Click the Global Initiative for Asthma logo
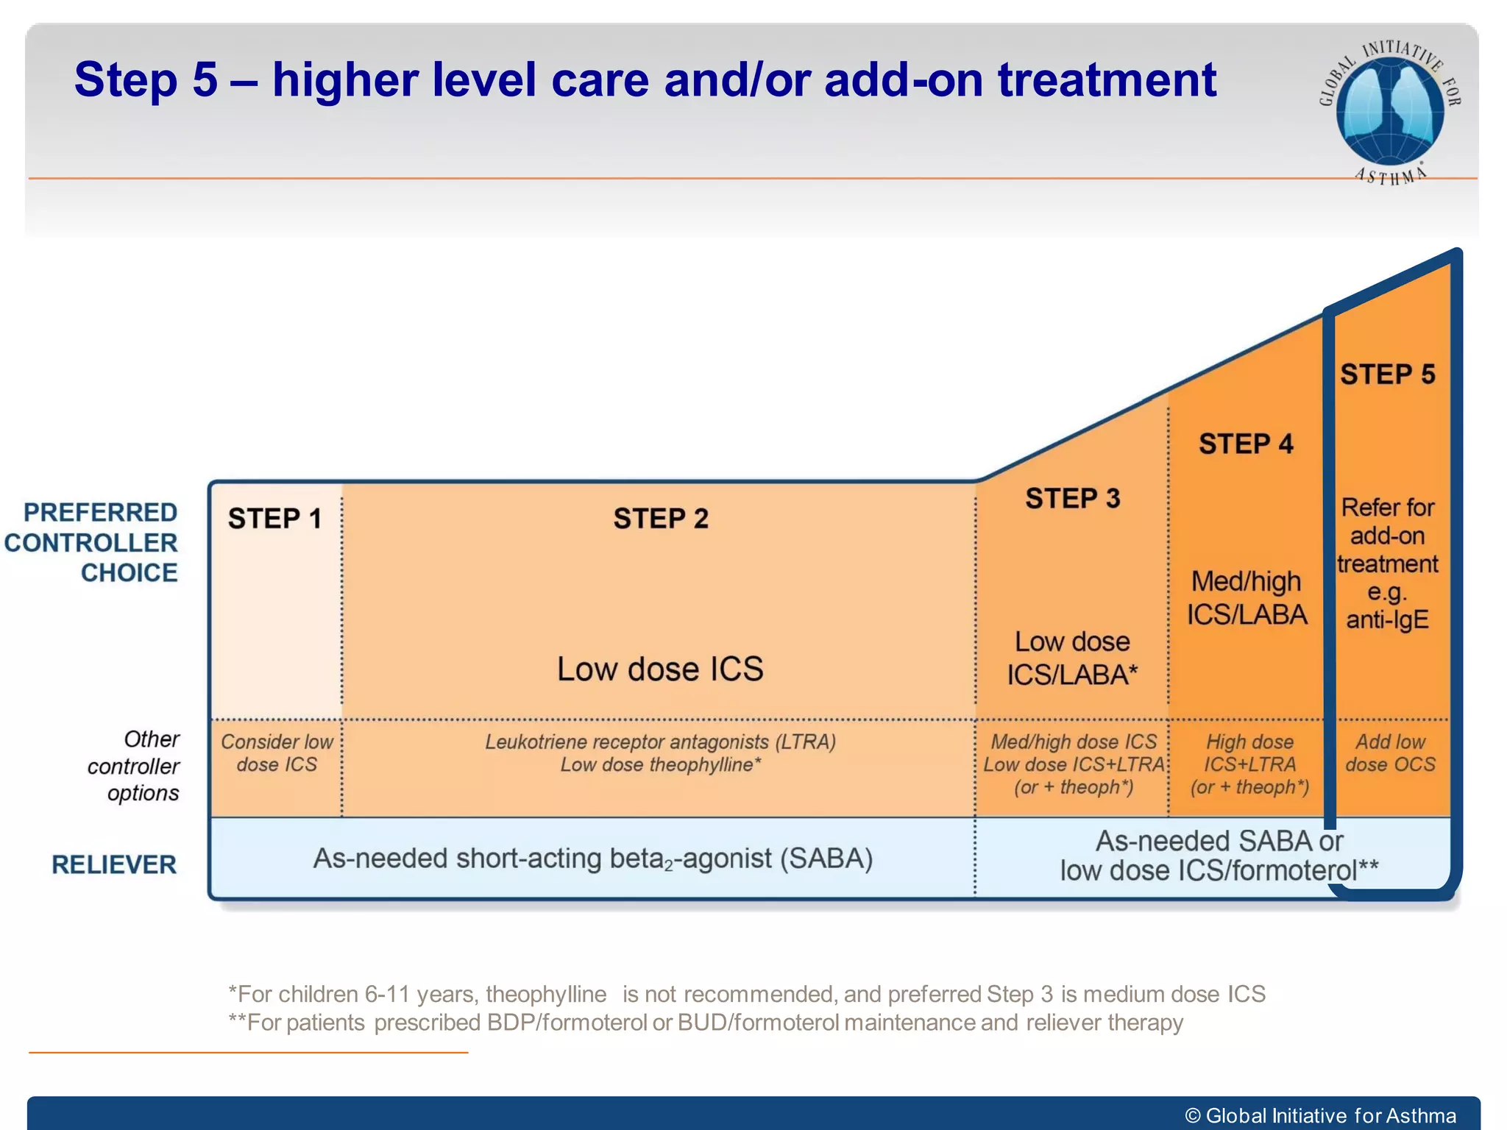click(1389, 110)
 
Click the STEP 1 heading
click(274, 519)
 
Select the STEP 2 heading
click(661, 519)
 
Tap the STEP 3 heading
click(1072, 499)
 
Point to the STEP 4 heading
click(1246, 444)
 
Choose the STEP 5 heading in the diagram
click(1387, 374)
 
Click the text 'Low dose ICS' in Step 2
click(660, 669)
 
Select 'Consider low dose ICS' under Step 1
click(277, 753)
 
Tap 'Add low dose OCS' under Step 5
click(1389, 753)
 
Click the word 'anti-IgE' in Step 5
click(1387, 619)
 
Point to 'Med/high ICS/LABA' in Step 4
click(1247, 598)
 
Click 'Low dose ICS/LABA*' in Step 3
click(1072, 658)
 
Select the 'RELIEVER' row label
click(114, 864)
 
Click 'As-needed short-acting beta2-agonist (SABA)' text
click(593, 859)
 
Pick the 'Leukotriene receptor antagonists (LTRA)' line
click(660, 742)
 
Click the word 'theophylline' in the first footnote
click(545, 994)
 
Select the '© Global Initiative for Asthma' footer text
click(1320, 1115)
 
